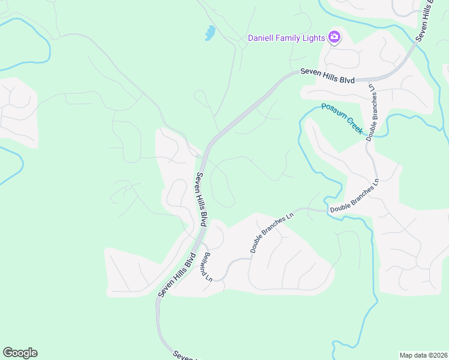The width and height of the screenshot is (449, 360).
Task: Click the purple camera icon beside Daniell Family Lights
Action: [x=334, y=38]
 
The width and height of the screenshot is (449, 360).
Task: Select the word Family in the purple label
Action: [x=291, y=38]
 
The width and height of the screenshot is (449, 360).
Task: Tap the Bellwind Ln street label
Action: [x=206, y=266]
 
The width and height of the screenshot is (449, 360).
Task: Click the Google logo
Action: [x=20, y=353]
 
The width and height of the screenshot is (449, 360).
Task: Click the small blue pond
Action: [x=209, y=33]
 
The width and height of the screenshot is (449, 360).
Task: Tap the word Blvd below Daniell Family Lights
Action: [x=346, y=80]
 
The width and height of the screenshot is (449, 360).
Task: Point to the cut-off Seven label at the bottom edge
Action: [x=184, y=356]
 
